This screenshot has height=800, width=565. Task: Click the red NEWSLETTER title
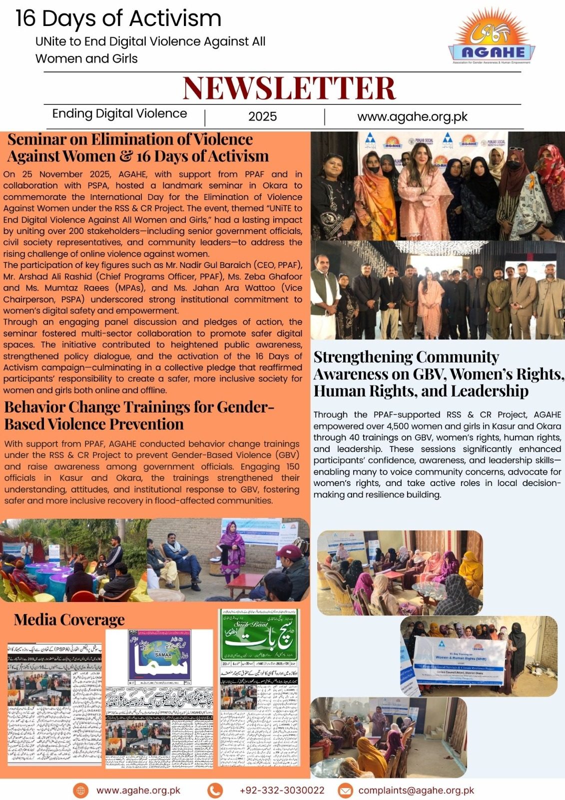point(289,88)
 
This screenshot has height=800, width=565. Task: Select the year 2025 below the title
point(262,116)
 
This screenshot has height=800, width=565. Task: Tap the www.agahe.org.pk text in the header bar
point(412,116)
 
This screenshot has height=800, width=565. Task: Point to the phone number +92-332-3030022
point(282,790)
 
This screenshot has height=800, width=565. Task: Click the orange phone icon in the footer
point(215,790)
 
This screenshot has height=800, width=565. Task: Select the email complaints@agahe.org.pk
point(416,790)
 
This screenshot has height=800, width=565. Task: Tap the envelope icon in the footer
point(345,790)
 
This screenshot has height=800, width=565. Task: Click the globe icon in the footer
point(80,790)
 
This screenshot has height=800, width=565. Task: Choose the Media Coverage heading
point(69,620)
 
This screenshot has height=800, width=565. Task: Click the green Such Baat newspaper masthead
point(259,635)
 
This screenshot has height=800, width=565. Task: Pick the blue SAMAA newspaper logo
point(159,655)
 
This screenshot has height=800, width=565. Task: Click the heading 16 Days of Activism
point(118,18)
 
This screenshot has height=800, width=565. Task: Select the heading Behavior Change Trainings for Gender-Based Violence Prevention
point(139,415)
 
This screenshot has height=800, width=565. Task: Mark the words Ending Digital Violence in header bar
point(119,114)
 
